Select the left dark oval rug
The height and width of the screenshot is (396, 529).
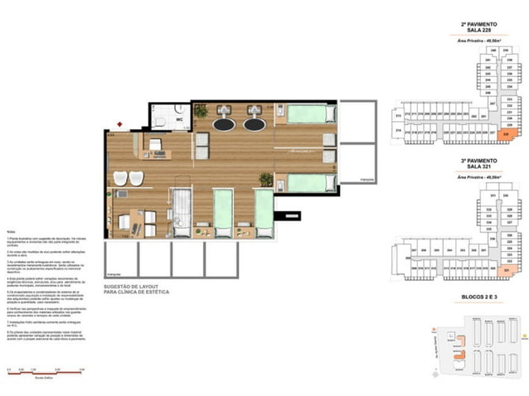pyautogui.click(x=224, y=124)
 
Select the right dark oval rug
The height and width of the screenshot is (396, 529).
pyautogui.click(x=255, y=124)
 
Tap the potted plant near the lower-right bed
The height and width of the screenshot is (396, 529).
pyautogui.click(x=266, y=179)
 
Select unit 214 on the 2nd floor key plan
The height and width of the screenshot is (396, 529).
pyautogui.click(x=398, y=131)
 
